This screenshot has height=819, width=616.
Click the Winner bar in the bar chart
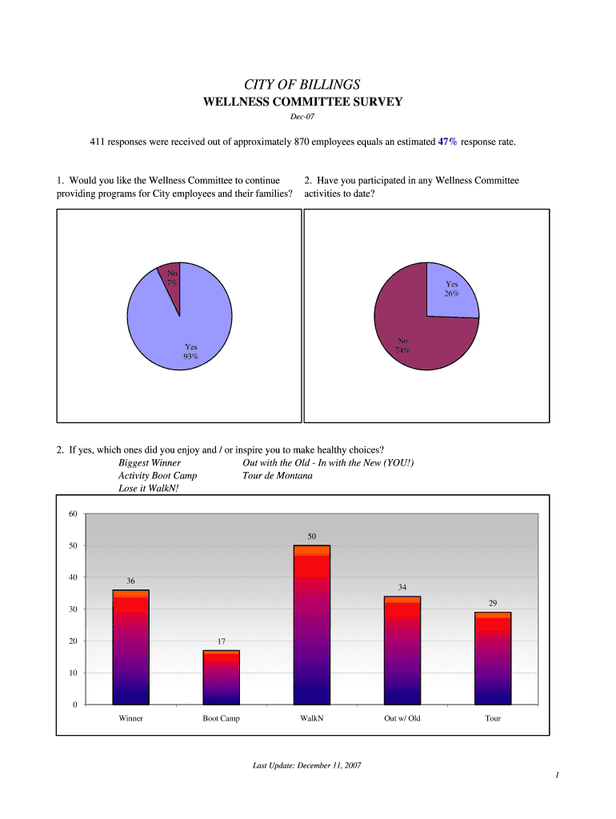[x=130, y=647]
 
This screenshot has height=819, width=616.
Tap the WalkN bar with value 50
[x=311, y=625]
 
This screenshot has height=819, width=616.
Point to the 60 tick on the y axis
[x=72, y=513]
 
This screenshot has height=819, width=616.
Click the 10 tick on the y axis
[x=72, y=673]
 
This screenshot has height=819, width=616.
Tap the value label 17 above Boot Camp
[x=222, y=641]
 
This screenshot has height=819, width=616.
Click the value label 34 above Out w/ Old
[x=402, y=588]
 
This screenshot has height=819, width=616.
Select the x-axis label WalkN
[x=311, y=718]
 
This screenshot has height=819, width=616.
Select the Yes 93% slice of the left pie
[x=180, y=328]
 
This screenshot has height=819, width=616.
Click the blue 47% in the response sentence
[x=447, y=142]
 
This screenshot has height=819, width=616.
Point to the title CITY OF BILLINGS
[x=302, y=84]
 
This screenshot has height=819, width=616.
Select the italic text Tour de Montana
[x=277, y=475]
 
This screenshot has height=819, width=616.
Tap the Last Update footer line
[x=306, y=765]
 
